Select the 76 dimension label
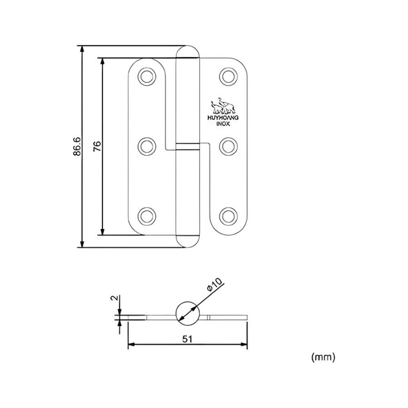pos(97,146)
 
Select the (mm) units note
pos(323,357)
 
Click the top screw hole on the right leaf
pos(228,76)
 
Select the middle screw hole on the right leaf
pos(228,146)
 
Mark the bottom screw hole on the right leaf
pos(228,216)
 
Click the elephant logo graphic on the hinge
pos(223,107)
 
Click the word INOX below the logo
pos(223,123)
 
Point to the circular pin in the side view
pos(187,313)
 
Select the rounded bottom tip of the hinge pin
pos(187,242)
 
